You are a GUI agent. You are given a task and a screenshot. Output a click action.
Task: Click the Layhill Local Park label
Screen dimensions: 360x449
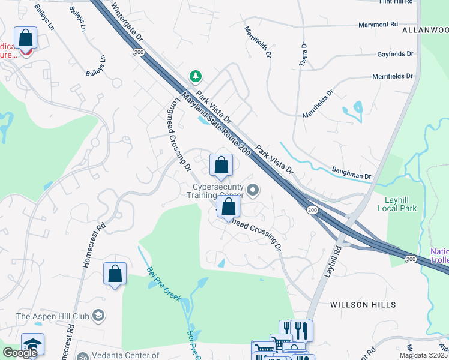[x=400, y=203]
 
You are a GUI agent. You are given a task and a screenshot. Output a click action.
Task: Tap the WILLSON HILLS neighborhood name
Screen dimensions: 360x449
[x=357, y=305]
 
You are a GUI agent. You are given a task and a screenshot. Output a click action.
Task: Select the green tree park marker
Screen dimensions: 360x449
[x=195, y=76]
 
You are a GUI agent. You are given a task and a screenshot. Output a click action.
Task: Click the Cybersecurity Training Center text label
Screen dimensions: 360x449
[x=215, y=191]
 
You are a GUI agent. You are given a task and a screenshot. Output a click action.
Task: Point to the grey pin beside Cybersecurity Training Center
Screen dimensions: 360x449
[x=253, y=191]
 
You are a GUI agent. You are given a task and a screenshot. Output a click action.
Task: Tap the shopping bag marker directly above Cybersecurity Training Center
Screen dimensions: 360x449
[x=221, y=165]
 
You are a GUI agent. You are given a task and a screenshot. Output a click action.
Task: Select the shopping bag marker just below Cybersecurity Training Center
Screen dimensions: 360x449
[x=228, y=208]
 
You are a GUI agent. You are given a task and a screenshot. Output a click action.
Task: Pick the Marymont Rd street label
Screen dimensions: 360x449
[x=378, y=25]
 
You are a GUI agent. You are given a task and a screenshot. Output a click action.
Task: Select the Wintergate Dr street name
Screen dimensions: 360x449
[x=127, y=20]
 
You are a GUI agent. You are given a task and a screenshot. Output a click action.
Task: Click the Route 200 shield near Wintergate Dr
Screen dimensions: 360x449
[x=138, y=53]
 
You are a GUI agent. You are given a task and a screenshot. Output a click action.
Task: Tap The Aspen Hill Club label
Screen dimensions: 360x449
[x=53, y=316]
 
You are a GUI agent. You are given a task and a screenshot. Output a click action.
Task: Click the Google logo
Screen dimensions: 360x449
[x=20, y=353]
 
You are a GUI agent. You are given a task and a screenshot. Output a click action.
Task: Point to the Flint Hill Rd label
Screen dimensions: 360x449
[x=396, y=2]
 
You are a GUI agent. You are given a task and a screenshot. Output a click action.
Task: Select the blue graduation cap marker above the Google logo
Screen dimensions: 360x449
[x=32, y=344]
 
